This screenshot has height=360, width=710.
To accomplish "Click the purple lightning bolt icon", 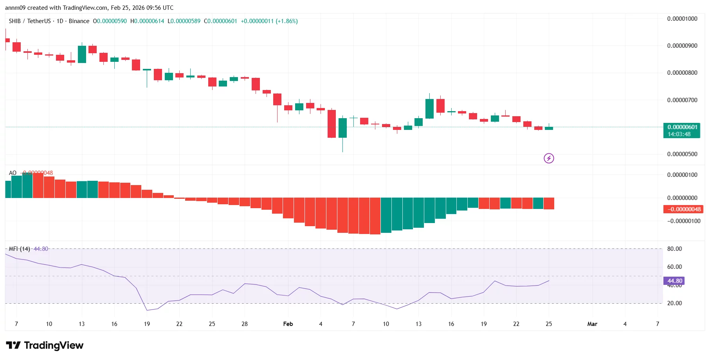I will coord(549,158).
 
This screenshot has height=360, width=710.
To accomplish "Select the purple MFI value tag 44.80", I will coord(674,281).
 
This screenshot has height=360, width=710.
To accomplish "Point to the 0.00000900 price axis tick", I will coord(682,46).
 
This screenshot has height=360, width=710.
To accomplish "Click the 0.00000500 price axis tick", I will coord(682,154).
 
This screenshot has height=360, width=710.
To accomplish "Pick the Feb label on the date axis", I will coord(288,324).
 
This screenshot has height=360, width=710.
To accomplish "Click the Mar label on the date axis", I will coord(592,324).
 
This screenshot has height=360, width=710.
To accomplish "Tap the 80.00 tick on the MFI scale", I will coord(674,249).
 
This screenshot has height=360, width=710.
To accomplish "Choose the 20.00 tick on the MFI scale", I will coord(674,303).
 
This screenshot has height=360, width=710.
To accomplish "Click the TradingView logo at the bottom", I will coord(45,345).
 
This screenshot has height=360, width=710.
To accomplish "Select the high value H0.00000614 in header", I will coord(147,21).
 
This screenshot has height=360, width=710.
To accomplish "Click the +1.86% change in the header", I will coord(287,21).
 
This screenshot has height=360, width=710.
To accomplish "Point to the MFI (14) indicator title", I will coord(19,249).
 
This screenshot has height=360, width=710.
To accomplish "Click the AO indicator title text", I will coord(13,173).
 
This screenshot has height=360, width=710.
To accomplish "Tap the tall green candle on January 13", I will coord(82,54).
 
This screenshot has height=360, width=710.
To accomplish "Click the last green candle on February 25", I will coord(549,128).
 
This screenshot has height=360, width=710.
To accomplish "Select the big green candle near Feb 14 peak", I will coord(429,108).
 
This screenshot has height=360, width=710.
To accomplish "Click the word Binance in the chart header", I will coord(79,21).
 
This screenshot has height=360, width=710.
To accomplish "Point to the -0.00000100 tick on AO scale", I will coord(683,221).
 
